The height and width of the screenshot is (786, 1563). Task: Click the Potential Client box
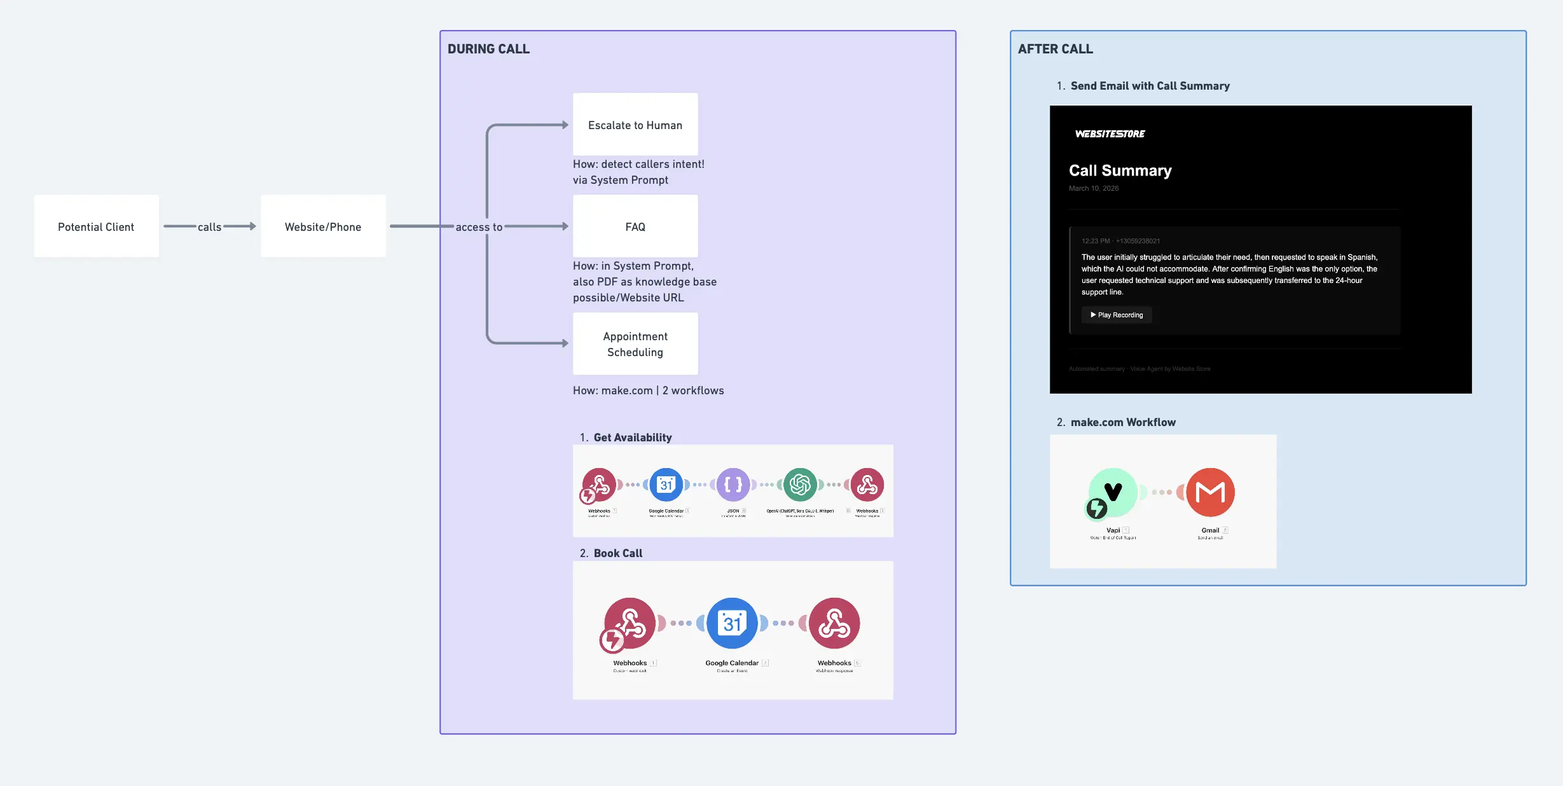(96, 226)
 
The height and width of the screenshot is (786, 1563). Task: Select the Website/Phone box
(323, 226)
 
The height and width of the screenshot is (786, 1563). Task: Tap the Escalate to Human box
(635, 125)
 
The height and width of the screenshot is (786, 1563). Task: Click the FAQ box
(635, 226)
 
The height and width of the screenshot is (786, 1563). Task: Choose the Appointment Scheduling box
(635, 343)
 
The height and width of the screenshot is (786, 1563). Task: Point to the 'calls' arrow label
(209, 227)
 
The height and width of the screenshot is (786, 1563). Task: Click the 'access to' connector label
(479, 227)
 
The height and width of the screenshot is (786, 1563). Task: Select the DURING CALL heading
(488, 49)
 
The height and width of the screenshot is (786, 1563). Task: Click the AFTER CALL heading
(1055, 49)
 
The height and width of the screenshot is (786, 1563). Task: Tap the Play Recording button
(1117, 315)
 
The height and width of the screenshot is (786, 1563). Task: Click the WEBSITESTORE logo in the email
(1110, 134)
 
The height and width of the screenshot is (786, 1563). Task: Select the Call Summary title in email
(1120, 170)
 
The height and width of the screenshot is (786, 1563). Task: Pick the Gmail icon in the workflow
(1210, 492)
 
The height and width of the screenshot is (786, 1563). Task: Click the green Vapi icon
(1113, 492)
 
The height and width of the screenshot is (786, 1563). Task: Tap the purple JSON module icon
(733, 485)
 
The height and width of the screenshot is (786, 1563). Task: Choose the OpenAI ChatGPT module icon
(800, 485)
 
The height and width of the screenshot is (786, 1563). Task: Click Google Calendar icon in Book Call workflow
(732, 623)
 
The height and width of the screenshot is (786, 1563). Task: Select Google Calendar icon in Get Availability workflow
(666, 485)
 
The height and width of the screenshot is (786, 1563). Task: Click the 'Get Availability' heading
(632, 438)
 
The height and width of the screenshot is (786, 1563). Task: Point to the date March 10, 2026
(1093, 188)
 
